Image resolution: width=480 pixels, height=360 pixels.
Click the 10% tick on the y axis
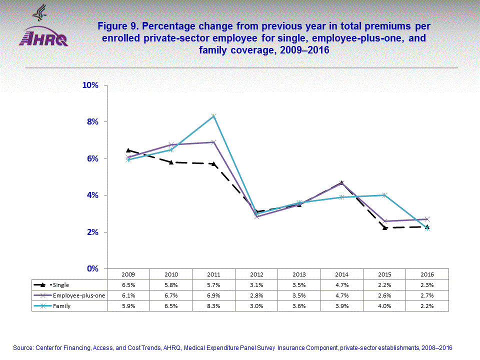coord(90,85)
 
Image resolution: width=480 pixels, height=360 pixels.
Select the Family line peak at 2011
coord(213,116)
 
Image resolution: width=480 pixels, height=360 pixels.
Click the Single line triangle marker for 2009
coord(128,150)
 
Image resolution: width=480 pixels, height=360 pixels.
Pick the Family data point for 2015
coord(384,195)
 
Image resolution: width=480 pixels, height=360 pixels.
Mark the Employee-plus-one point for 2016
coord(426,219)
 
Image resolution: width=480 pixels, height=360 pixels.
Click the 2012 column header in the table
coord(256,274)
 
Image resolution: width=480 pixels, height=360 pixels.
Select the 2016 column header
coord(427,274)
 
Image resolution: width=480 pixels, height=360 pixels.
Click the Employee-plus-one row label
coord(78,295)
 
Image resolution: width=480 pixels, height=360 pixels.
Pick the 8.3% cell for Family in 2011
coord(213,306)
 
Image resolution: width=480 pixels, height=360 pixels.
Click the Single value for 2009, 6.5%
coord(128,285)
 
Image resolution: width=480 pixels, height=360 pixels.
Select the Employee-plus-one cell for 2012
coord(256,295)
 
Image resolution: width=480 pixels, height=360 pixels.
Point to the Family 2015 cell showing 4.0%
coord(384,306)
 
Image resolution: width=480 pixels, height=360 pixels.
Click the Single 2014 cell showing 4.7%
coord(341,285)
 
